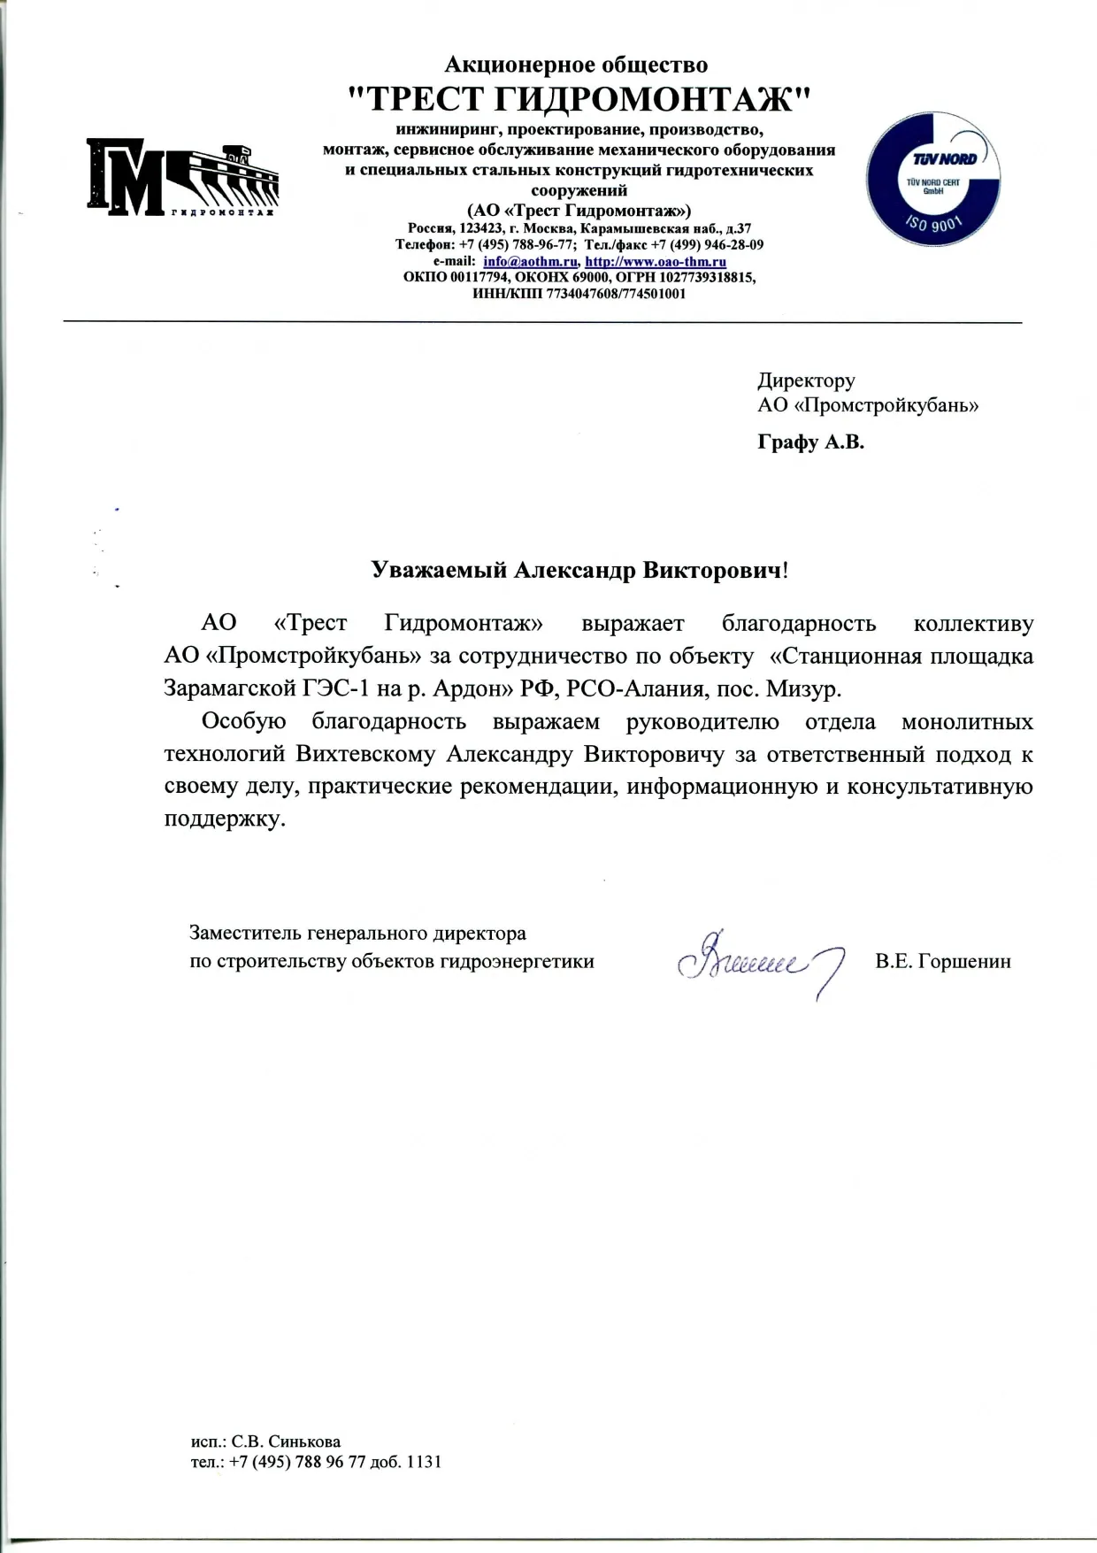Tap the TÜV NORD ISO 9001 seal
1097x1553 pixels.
936,182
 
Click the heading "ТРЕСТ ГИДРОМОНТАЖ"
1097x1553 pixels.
576,98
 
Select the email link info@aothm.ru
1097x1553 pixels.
531,262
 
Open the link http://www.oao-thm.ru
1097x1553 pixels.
656,262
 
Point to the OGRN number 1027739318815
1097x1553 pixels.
705,278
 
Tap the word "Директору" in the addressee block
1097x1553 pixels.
806,381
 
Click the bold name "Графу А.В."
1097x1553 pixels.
810,442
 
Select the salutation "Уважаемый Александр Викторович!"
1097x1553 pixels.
579,571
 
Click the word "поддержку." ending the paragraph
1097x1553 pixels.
226,819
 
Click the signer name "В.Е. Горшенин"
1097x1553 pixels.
943,961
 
